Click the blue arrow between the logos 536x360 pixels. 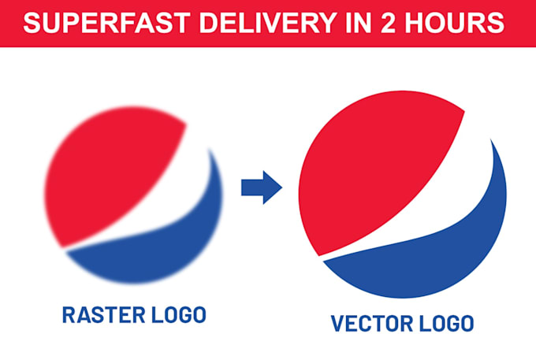261,187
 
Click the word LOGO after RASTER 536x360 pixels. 179,316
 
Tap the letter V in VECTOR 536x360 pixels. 337,324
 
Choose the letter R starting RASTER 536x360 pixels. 69,316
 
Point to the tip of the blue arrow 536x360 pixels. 281,187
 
